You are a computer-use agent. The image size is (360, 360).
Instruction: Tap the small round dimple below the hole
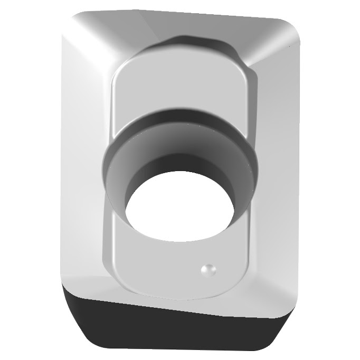(209, 270)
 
